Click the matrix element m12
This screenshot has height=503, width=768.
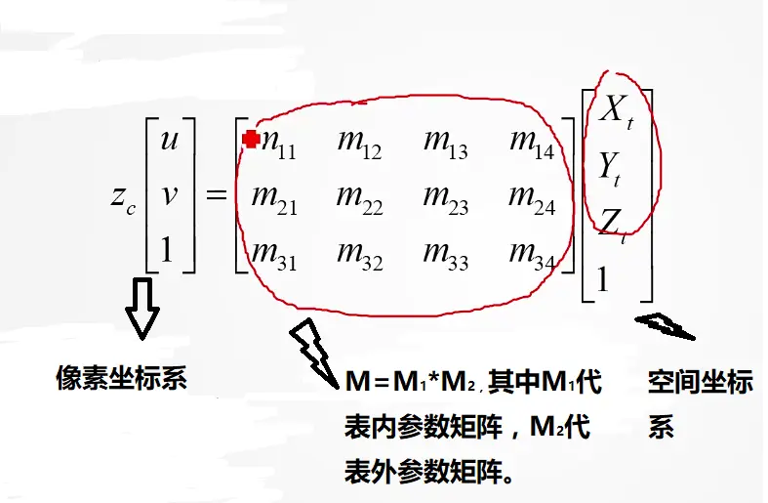click(358, 144)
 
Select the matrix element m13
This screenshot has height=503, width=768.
click(444, 144)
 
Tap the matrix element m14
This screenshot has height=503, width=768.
click(531, 144)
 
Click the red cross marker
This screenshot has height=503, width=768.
click(250, 139)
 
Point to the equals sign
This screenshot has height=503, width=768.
click(216, 194)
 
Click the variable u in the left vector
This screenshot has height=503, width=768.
click(169, 141)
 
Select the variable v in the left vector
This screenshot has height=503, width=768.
click(169, 195)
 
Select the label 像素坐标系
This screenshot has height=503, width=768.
click(121, 378)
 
